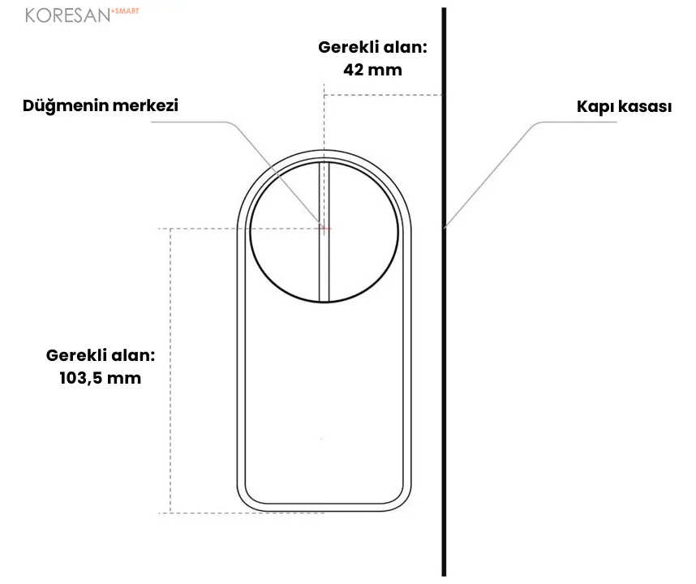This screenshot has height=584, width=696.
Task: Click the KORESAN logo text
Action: [x=67, y=15]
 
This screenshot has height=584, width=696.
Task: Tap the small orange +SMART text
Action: [x=125, y=11]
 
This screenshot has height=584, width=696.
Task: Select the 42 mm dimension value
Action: [x=373, y=70]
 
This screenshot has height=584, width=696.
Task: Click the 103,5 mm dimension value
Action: [x=101, y=378]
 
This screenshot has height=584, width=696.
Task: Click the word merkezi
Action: [x=145, y=105]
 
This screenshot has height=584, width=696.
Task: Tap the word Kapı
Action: [x=595, y=107]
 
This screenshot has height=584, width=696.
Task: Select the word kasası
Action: [x=645, y=107]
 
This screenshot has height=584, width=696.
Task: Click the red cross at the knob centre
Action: [x=324, y=229]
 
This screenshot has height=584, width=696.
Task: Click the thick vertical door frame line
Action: [x=444, y=291]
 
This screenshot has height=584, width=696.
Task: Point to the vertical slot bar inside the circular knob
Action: [x=324, y=232]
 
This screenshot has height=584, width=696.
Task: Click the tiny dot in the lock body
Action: [x=321, y=439]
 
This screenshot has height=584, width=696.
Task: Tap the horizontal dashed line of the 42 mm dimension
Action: [x=384, y=95]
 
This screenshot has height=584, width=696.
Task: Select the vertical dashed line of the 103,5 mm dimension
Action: [x=170, y=371]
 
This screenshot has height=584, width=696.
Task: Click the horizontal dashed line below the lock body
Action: [x=242, y=513]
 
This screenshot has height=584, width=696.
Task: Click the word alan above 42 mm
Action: [x=405, y=47]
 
